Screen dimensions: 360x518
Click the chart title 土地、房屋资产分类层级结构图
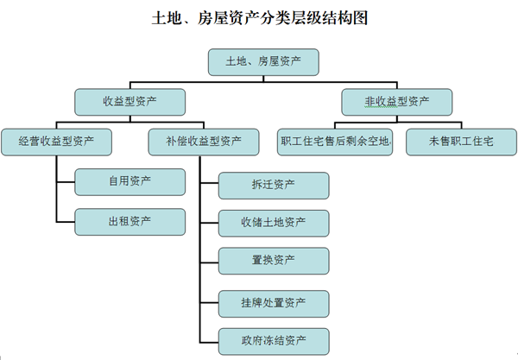coord(259,17)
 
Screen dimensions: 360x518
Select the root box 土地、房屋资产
coord(263,61)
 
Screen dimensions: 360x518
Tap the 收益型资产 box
coord(129,102)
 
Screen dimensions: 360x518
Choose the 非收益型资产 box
coord(397,102)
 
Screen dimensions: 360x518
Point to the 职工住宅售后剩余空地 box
coord(337,140)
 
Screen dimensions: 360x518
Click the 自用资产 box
coord(129,181)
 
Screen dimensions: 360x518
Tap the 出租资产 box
coord(129,220)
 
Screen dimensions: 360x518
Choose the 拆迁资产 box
coord(273,186)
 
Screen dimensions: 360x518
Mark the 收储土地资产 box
coord(273,223)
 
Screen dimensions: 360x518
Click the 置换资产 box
coord(273,260)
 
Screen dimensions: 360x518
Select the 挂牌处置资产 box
coord(273,303)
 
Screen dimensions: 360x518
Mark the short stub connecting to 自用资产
coord(66,181)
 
